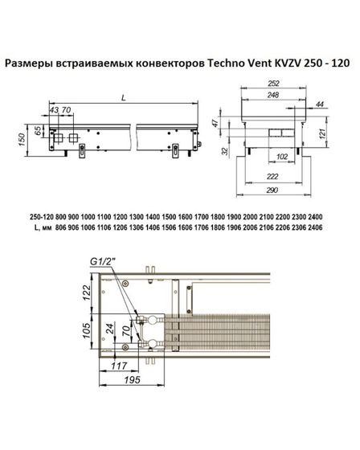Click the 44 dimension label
pos(321,105)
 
